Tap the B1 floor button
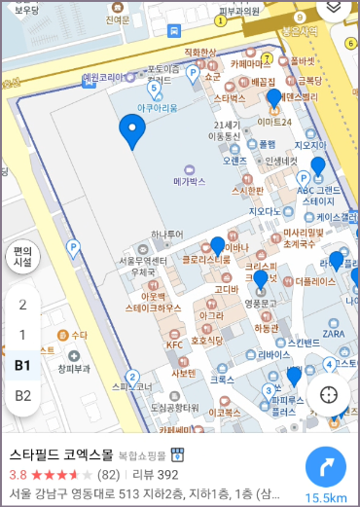[22, 365]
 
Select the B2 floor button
[22, 395]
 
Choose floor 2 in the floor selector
[22, 304]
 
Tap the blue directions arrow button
[332, 467]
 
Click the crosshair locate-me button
[329, 394]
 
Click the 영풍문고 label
[262, 303]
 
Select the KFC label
[175, 344]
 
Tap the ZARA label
[334, 333]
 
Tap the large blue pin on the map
[131, 128]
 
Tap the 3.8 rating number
[18, 475]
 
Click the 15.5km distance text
[328, 497]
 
